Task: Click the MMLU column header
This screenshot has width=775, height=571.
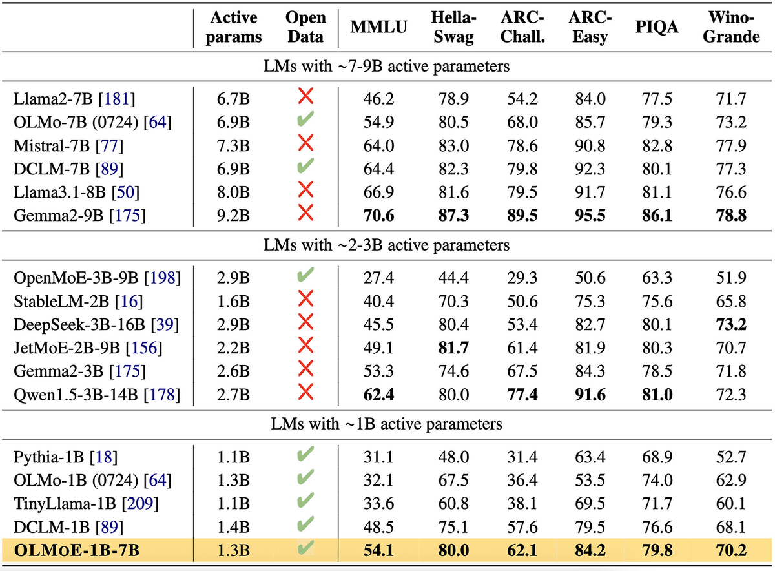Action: click(378, 27)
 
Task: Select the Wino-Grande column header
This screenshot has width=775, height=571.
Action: click(731, 27)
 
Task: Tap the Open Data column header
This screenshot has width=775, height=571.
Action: click(305, 27)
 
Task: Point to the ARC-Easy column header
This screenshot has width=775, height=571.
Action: click(590, 27)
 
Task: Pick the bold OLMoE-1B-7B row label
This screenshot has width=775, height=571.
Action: click(77, 552)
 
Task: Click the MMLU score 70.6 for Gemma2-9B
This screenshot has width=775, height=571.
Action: click(378, 215)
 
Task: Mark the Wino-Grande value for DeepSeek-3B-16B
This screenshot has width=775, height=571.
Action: click(731, 325)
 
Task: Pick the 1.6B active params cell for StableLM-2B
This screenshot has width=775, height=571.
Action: click(234, 302)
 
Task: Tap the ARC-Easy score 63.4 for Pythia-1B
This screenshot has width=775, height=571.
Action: click(590, 457)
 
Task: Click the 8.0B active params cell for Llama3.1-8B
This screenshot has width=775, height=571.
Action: click(234, 192)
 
